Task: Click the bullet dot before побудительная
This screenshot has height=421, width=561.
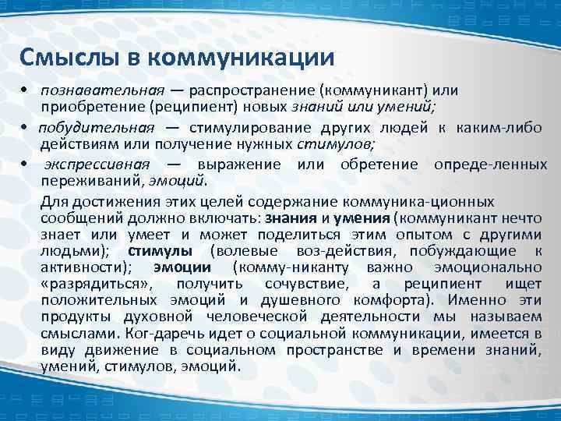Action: pos(24,128)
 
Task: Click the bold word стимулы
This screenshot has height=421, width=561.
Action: pos(161,251)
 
